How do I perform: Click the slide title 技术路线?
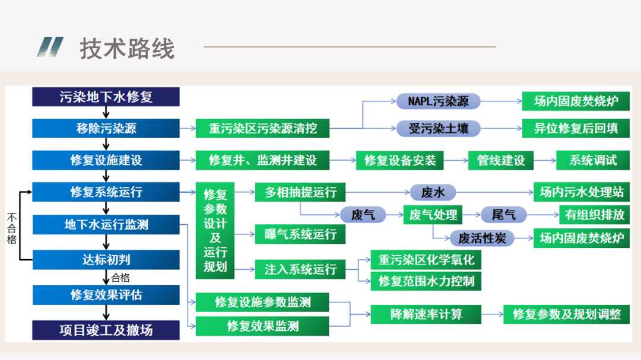coord(127,49)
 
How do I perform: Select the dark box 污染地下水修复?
coord(106,97)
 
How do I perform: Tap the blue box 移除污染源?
coord(106,128)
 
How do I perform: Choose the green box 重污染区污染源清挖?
coord(262,128)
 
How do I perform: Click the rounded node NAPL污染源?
coord(438,101)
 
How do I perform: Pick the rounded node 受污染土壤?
coord(438,128)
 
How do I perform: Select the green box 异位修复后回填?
coord(576,128)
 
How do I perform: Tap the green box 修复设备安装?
coord(400,160)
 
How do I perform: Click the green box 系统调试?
coord(593,160)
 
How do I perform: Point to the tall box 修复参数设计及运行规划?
coord(215,230)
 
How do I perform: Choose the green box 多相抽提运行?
coord(300,192)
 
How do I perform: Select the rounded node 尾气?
coord(503,215)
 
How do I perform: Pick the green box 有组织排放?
coord(594,215)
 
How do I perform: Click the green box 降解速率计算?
coord(426,314)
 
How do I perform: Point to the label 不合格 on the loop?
coord(11,228)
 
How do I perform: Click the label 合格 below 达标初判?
coord(120,277)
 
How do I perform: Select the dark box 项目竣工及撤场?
coord(106,330)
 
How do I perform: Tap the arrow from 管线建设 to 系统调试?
coord(545,160)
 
